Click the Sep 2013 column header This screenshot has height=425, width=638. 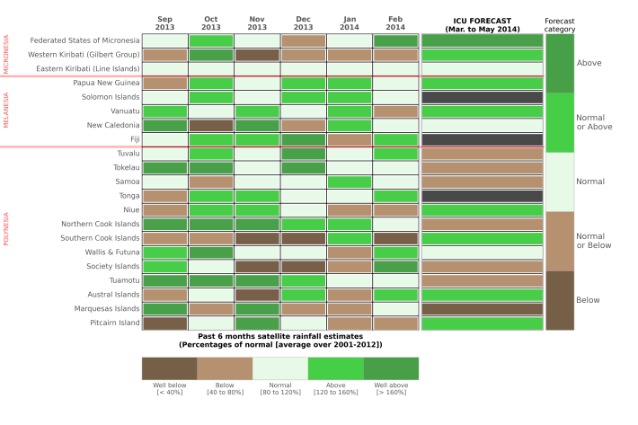pos(164,22)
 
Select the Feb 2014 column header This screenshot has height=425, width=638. pos(394,22)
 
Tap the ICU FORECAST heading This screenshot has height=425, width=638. pos(482,22)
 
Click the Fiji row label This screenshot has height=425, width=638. pos(135,139)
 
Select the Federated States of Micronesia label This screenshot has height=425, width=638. pos(85,40)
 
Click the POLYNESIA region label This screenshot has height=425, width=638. pos(6,229)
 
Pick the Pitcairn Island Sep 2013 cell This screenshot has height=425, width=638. pos(164,323)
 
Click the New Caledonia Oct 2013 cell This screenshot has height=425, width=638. pos(210,125)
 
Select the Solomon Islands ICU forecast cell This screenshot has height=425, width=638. pos(482,97)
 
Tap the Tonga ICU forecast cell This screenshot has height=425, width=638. pos(482,196)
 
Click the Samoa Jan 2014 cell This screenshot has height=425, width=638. pos(349,182)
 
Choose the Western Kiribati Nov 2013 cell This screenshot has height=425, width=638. pos(257,55)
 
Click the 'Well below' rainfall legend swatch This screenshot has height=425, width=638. pos(169,367)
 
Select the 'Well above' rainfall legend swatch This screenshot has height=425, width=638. pos(391,367)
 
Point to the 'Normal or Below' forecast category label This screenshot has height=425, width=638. pos(590,240)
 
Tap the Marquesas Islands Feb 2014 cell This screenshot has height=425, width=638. pos(394,308)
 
